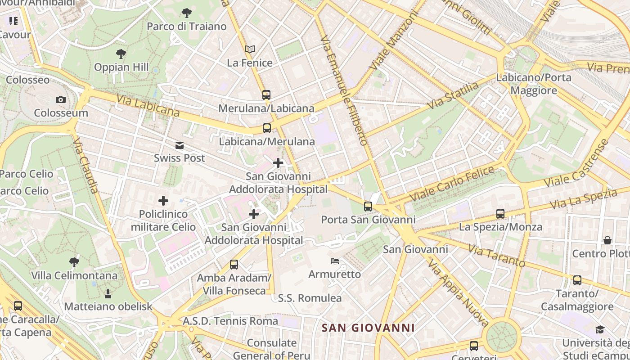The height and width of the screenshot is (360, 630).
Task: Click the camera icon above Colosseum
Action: tap(61, 99)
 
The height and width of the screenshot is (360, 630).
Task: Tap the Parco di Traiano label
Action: tap(187, 27)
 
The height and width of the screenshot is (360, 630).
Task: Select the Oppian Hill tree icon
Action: tap(121, 54)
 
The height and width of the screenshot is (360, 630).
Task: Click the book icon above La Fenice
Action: tap(250, 49)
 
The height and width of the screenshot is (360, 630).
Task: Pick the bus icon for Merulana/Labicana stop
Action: tap(266, 95)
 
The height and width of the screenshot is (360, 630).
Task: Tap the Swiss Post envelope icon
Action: tap(180, 145)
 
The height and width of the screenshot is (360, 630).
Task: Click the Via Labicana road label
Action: tap(148, 105)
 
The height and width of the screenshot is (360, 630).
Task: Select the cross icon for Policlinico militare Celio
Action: tap(163, 201)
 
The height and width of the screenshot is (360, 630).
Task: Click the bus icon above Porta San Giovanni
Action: tap(368, 207)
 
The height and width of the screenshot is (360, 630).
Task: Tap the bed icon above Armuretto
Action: tap(335, 261)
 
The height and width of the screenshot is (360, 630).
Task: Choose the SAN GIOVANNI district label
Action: tap(368, 328)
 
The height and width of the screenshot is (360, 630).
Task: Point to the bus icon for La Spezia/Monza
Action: tap(500, 214)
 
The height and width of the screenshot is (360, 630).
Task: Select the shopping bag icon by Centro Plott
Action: tap(607, 240)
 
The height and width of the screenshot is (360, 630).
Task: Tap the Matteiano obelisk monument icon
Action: tap(108, 294)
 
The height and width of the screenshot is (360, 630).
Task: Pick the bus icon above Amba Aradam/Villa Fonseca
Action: tap(234, 265)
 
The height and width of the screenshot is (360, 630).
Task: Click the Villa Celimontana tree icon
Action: tap(74, 262)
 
